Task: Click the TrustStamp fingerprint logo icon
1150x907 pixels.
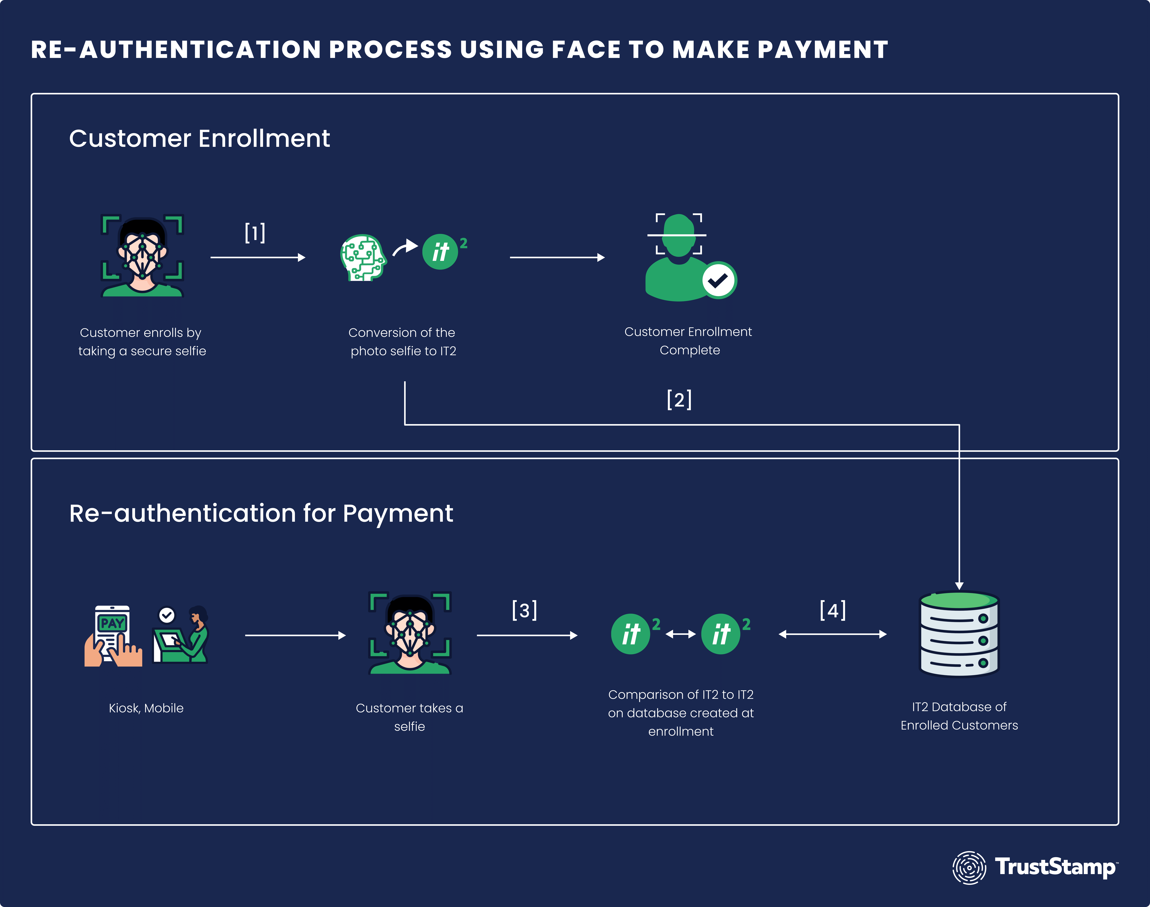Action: tap(969, 868)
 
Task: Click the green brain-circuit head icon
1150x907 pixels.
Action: tap(363, 257)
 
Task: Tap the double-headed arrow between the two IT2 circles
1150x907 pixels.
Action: tap(681, 634)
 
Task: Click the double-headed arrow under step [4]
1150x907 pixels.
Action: tap(832, 634)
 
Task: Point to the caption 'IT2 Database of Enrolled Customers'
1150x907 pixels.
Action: tap(959, 716)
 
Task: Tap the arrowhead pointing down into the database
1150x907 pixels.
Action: tap(959, 586)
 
